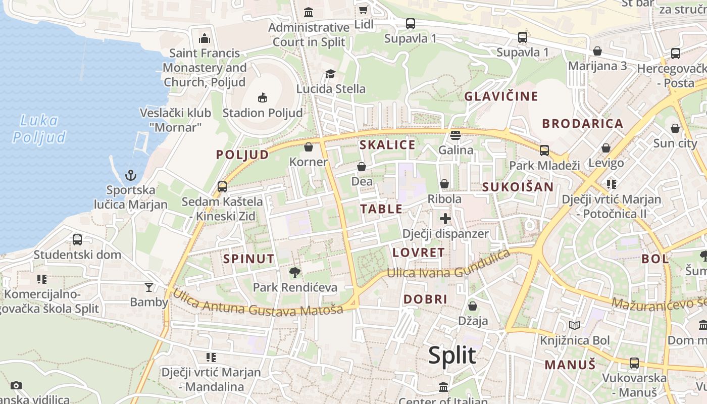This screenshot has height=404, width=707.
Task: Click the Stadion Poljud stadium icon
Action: pyautogui.click(x=262, y=97)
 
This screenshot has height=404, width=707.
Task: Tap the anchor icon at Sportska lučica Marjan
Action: pyautogui.click(x=131, y=175)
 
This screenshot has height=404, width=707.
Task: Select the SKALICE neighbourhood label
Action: pyautogui.click(x=387, y=145)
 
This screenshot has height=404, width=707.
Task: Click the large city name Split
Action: pyautogui.click(x=452, y=355)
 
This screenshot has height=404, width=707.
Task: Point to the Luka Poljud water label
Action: pyautogui.click(x=39, y=129)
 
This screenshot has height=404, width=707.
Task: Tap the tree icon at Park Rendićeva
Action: pyautogui.click(x=294, y=273)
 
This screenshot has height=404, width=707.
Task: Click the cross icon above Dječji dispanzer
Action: pyautogui.click(x=445, y=219)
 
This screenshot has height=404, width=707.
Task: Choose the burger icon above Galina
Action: pyautogui.click(x=456, y=135)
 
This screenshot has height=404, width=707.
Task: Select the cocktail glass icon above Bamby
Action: pyautogui.click(x=148, y=287)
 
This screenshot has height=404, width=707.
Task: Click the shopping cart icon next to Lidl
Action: pyautogui.click(x=363, y=10)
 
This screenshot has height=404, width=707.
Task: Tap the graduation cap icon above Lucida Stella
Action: pyautogui.click(x=330, y=74)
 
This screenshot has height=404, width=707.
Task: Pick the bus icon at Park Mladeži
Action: pyautogui.click(x=544, y=150)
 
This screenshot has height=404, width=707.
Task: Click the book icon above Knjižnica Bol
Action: pyautogui.click(x=575, y=325)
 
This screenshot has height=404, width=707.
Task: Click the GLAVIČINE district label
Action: pyautogui.click(x=501, y=96)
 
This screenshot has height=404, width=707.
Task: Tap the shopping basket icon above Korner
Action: pyautogui.click(x=308, y=147)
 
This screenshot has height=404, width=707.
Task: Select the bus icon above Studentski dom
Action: pyautogui.click(x=77, y=239)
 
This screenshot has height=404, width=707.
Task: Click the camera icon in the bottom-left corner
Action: pyautogui.click(x=16, y=385)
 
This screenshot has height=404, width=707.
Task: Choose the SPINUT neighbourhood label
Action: pyautogui.click(x=249, y=259)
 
